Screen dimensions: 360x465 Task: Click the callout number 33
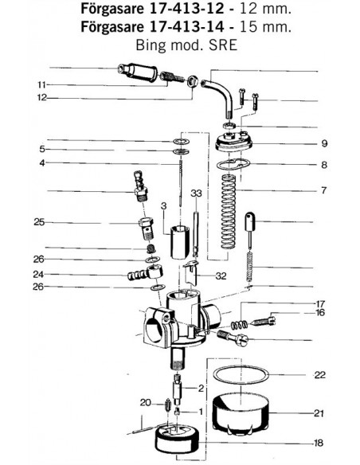click(196, 193)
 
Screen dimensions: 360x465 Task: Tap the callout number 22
click(319, 375)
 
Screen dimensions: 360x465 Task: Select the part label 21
click(319, 412)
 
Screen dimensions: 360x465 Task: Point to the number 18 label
click(318, 443)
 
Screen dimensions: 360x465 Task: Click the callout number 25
click(39, 222)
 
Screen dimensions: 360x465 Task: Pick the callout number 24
click(38, 275)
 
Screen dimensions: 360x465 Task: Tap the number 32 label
click(221, 276)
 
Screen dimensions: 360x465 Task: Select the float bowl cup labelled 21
click(241, 412)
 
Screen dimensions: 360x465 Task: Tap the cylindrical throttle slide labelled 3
click(179, 242)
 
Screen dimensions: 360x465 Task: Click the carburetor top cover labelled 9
click(233, 142)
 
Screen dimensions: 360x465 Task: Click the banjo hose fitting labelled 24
click(145, 273)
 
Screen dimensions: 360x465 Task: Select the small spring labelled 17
click(239, 325)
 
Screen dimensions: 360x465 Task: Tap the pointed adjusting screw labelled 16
click(264, 321)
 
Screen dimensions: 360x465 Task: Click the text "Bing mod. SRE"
click(186, 45)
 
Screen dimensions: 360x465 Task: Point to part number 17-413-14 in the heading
click(186, 27)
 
